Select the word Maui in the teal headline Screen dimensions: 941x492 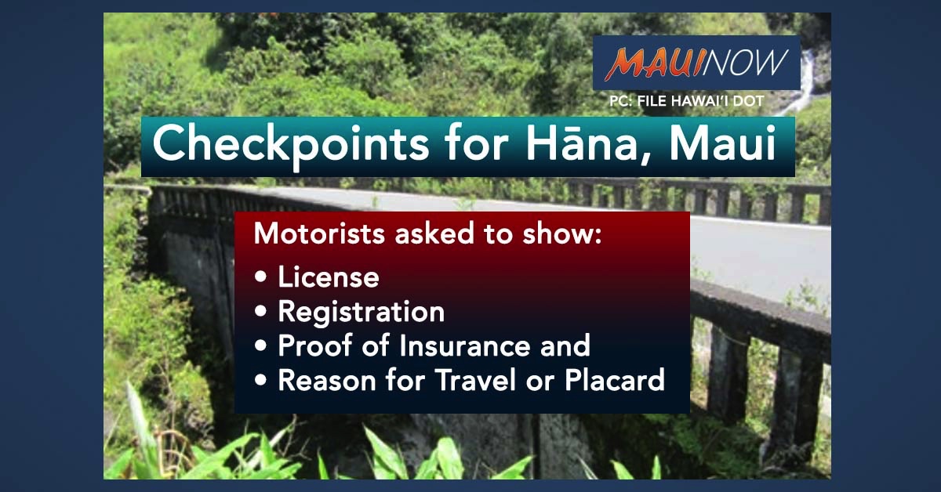tap(722, 142)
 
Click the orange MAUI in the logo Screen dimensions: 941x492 tap(653, 63)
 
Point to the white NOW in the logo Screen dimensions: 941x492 tap(743, 62)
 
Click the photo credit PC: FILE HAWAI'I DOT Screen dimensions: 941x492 tap(687, 101)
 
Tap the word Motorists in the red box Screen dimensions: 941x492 tap(319, 233)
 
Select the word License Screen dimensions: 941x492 tap(329, 277)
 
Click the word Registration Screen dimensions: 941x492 tap(362, 313)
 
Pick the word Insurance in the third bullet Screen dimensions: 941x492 tap(464, 345)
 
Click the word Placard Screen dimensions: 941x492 tap(615, 380)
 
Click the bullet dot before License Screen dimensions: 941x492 tap(260, 277)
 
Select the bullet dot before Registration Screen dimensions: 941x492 tap(260, 311)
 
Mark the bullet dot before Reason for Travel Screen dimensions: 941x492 tap(260, 380)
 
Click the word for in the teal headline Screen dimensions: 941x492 tap(478, 142)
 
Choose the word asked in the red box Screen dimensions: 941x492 tap(434, 233)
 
